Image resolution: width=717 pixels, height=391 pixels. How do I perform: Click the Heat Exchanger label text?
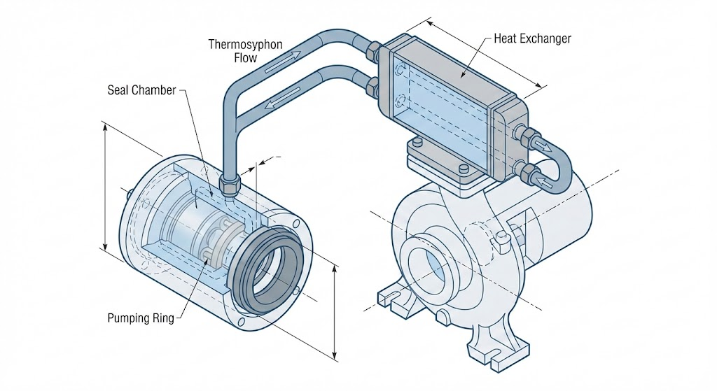532,38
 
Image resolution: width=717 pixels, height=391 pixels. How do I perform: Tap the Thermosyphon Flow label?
245,51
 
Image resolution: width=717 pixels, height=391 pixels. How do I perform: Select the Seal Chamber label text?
141,90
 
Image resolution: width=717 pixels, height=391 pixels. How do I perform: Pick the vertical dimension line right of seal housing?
335,311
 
